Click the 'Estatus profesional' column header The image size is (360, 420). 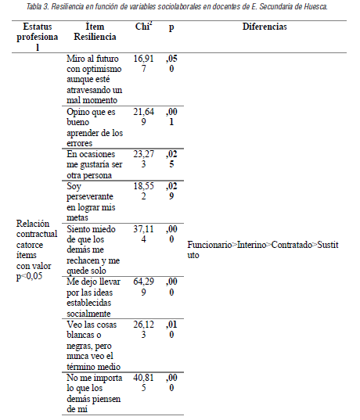32,36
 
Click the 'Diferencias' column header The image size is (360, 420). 264,27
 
